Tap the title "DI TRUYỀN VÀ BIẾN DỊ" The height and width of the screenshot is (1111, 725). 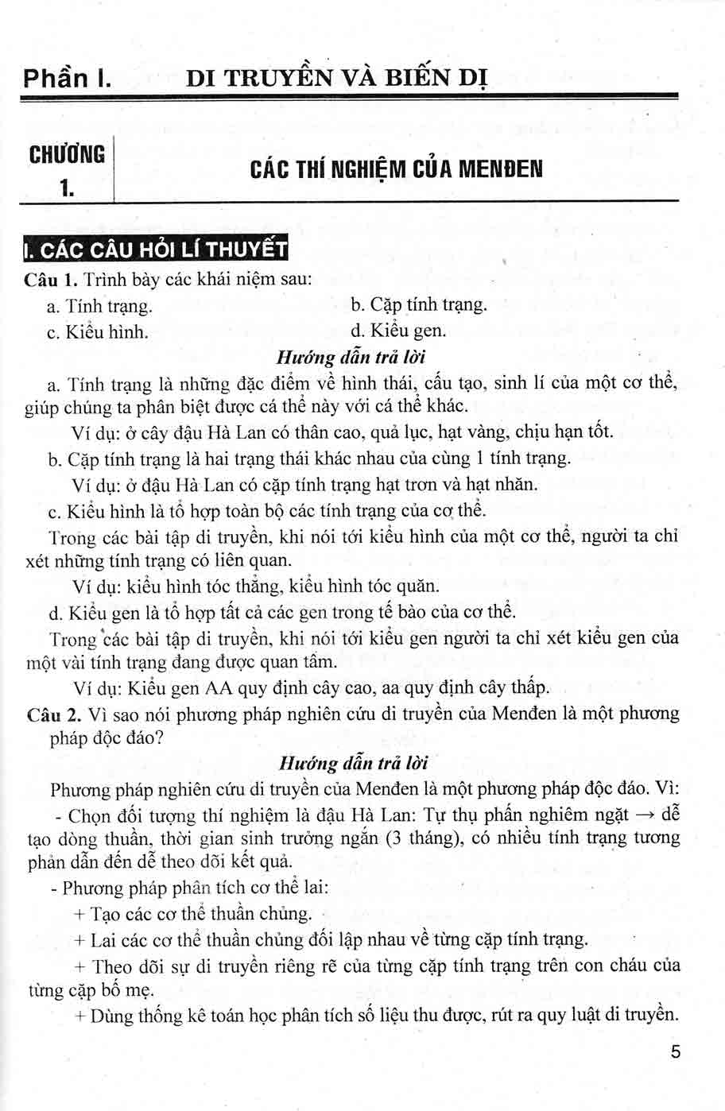[336, 79]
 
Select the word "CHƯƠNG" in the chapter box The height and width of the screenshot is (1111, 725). [67, 153]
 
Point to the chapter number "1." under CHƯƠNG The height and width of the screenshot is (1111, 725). [67, 188]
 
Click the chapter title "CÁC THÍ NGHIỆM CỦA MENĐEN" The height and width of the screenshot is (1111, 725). [396, 169]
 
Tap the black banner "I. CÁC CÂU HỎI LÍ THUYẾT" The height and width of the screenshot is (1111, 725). [154, 250]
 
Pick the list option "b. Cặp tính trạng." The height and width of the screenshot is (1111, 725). [418, 305]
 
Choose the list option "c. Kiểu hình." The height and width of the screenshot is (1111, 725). [98, 331]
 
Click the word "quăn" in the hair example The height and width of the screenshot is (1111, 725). [420, 586]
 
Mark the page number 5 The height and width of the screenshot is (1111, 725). [676, 1053]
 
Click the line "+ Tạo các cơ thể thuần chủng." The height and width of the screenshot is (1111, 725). [192, 914]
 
